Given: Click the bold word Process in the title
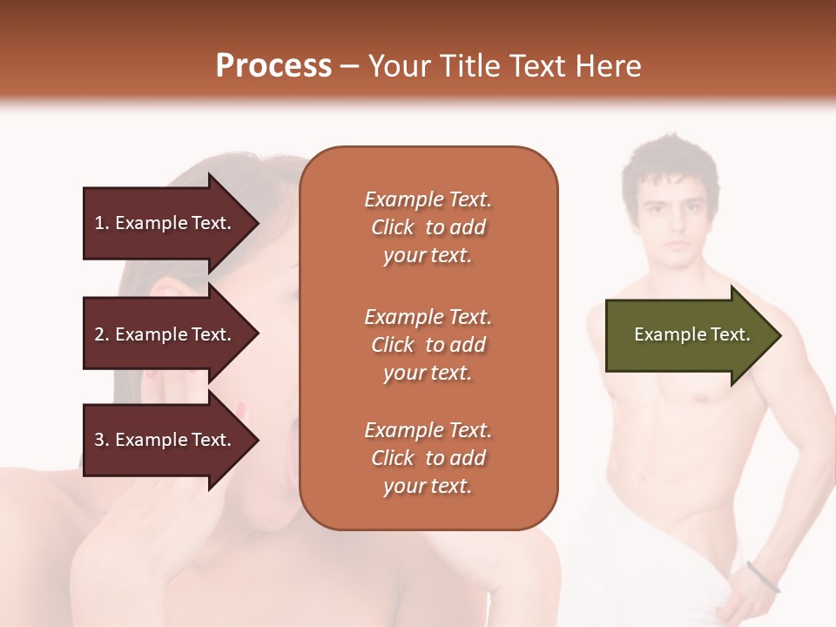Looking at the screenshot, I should (273, 65).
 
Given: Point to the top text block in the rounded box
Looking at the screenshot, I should (428, 227).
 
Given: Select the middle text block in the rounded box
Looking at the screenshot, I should (428, 345).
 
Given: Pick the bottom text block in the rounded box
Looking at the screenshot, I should (428, 458).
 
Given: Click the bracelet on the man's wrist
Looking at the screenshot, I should (763, 576).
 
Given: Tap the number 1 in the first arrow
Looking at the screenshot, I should (99, 223).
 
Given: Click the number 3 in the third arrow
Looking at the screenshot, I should (99, 440).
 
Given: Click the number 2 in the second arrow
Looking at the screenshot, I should (99, 334).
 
